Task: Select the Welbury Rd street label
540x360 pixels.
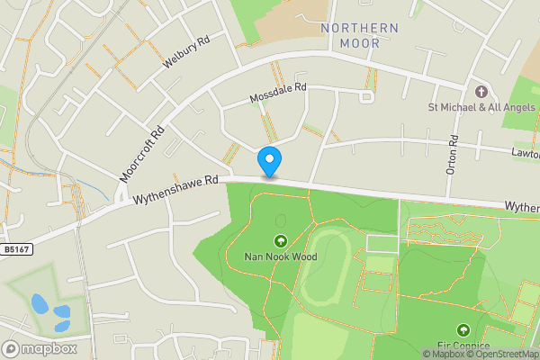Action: coord(186,53)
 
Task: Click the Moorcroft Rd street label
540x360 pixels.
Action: coord(143,152)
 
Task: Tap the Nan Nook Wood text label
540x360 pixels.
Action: coord(280,256)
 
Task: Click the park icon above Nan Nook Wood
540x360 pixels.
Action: coord(280,240)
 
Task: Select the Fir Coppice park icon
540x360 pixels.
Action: coord(463,330)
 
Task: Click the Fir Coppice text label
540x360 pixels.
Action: coord(464,346)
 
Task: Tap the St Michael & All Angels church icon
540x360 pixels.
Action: coord(481,92)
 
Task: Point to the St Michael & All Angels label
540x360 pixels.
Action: coord(481,108)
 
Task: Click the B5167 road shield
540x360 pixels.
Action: coord(14,249)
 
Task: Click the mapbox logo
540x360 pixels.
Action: coord(40,348)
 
